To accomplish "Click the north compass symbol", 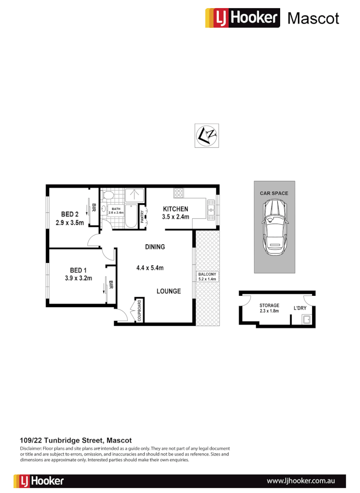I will [x=207, y=136].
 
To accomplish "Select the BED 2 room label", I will [x=70, y=214].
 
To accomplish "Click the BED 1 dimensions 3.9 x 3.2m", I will [x=78, y=278].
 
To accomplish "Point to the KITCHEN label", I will [x=176, y=209].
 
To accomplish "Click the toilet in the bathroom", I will [x=108, y=196].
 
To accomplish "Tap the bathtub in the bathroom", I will [x=130, y=216].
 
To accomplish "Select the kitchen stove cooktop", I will [x=178, y=192].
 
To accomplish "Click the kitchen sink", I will [x=211, y=210].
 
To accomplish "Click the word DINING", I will [x=155, y=247].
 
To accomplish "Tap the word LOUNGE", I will [x=168, y=291].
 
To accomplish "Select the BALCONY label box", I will [x=207, y=276].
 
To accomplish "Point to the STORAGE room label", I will [x=269, y=305].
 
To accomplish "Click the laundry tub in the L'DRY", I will [x=305, y=320].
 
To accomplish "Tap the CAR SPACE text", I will [x=274, y=193].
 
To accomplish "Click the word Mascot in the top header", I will [x=313, y=18].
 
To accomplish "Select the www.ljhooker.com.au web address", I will [x=301, y=481].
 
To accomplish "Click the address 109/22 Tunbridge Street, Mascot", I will [x=76, y=441].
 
